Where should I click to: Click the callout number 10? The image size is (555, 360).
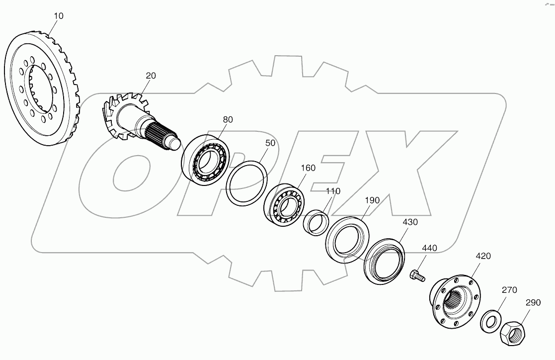58,16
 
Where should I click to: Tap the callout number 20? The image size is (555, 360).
151,76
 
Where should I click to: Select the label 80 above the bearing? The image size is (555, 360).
228,119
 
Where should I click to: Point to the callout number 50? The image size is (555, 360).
270,142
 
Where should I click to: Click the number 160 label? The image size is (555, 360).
308,168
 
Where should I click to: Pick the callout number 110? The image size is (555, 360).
333,191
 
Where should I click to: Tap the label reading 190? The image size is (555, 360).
372,200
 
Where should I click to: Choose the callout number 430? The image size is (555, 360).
410,222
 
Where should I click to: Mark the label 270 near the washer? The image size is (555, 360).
509,290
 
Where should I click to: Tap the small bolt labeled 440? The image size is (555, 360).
416,274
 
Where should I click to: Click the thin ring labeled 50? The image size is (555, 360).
247,181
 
